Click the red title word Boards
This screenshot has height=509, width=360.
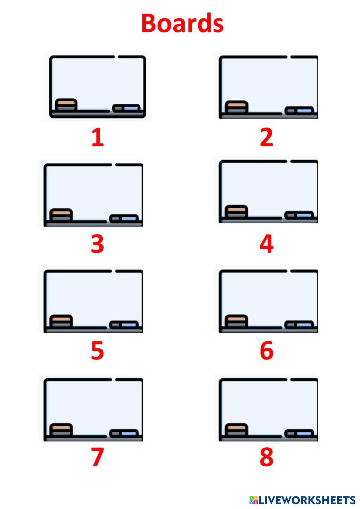[x=182, y=23]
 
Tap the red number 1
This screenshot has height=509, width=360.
[x=97, y=138]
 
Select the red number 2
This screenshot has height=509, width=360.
[x=266, y=138]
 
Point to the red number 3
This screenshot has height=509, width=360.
[x=97, y=244]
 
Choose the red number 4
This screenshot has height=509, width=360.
[x=266, y=244]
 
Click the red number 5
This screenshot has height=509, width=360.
[x=97, y=350]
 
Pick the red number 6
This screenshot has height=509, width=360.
[x=266, y=350]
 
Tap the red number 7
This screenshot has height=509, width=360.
[x=97, y=457]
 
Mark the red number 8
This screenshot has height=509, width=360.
[x=266, y=457]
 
